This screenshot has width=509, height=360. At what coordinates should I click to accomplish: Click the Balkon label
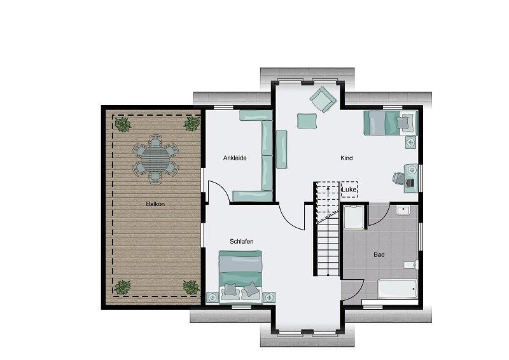click(155, 204)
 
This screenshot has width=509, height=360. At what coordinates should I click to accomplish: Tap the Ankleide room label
click(235, 158)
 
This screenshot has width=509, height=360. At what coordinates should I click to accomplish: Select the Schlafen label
click(242, 242)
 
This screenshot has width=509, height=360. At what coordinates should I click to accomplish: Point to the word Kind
click(346, 158)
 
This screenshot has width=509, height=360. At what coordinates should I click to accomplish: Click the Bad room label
click(379, 255)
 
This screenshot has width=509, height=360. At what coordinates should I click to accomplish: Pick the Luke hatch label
click(349, 190)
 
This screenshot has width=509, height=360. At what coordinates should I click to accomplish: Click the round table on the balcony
click(156, 160)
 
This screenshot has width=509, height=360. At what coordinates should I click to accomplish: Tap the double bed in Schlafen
click(241, 277)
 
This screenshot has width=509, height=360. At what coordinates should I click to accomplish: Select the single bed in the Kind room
click(390, 123)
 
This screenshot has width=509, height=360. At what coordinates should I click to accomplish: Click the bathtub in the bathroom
click(397, 289)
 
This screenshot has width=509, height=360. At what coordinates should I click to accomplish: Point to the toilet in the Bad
click(410, 265)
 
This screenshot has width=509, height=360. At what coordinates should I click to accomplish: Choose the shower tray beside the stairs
click(353, 218)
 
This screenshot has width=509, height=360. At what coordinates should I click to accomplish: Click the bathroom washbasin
click(403, 210)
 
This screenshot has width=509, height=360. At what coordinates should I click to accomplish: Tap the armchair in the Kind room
click(323, 99)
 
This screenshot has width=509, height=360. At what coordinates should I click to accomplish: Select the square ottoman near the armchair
click(307, 121)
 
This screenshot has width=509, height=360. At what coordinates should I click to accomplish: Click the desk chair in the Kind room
click(398, 178)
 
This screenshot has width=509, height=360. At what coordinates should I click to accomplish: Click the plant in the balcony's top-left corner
click(123, 125)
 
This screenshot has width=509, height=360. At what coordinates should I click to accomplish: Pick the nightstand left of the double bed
click(213, 297)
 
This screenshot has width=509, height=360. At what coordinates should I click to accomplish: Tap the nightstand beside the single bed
click(410, 142)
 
